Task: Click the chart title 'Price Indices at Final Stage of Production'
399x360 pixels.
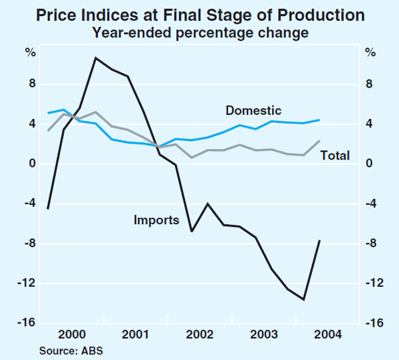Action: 200,15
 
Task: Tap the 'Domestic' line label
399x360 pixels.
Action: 253,111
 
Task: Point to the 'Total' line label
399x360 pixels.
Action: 335,155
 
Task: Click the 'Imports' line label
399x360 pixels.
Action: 156,219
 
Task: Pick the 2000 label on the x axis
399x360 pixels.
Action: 70,334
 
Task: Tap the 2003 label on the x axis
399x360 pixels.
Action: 264,334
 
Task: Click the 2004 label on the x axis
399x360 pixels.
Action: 329,334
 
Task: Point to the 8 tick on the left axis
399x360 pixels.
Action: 31,84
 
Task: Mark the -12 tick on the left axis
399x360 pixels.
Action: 27,283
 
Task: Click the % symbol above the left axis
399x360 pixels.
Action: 30,53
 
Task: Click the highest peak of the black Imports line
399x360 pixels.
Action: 96,58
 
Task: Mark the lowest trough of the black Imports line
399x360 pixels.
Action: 304,300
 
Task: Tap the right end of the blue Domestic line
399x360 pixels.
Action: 320,120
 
